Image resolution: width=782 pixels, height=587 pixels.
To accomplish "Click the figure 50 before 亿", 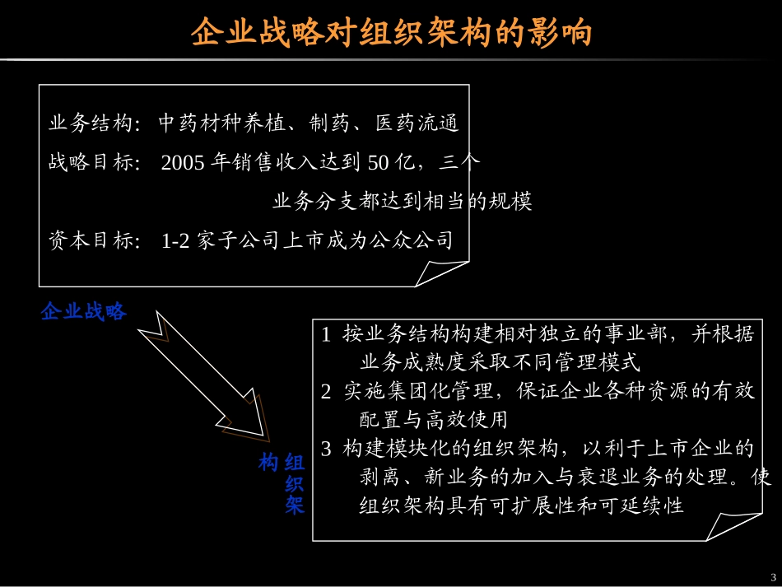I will pos(378,162).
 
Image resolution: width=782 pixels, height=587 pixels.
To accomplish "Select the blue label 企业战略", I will pos(84,312).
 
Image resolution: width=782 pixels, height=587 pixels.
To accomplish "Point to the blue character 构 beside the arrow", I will pos(268,463).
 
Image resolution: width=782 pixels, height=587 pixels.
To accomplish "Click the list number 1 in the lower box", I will pos(326,335).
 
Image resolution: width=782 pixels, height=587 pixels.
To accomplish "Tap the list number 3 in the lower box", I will pos(326,450).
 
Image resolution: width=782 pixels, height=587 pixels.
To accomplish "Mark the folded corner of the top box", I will pos(445,271).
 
